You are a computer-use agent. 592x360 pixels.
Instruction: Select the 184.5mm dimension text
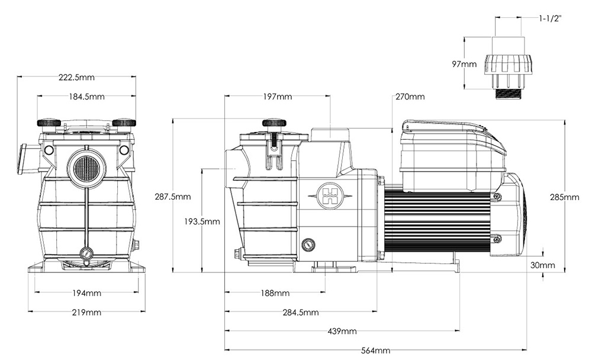point(86,97)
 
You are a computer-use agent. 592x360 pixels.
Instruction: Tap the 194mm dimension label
point(86,293)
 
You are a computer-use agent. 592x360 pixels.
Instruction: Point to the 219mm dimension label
point(86,312)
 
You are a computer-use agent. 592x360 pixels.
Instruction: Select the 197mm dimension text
point(276,97)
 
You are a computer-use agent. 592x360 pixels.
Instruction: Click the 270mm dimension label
point(410,97)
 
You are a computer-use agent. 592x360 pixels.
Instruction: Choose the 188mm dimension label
point(275,293)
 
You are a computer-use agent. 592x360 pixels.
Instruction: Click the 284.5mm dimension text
point(300,312)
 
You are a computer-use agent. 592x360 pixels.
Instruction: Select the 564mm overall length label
point(375,351)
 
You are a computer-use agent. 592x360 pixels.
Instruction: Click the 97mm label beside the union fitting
point(465,64)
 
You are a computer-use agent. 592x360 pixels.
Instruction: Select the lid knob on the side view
point(274,123)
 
